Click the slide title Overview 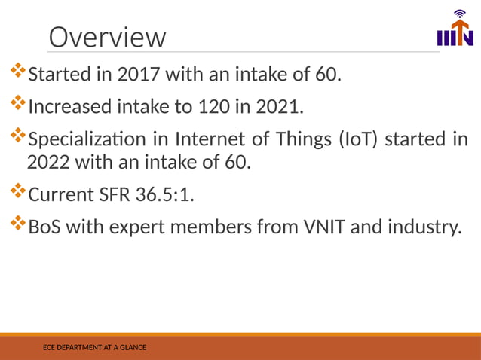(106, 37)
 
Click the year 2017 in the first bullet (139, 75)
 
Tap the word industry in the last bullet (423, 227)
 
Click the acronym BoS (44, 227)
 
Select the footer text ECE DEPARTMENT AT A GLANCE (94, 347)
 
